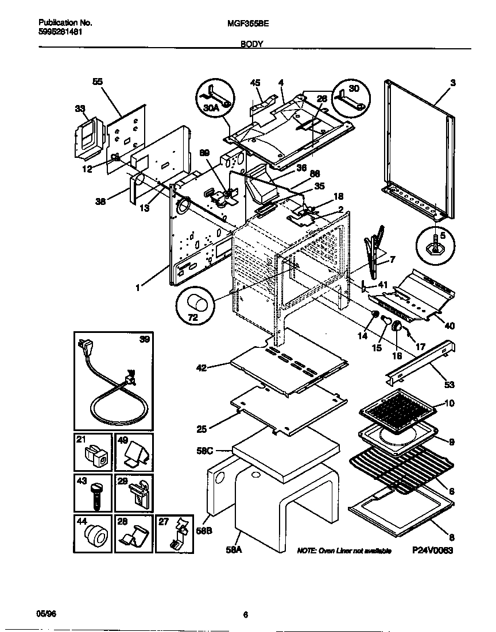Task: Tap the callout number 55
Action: click(98, 82)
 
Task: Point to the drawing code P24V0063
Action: click(432, 550)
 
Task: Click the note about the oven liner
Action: click(344, 550)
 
